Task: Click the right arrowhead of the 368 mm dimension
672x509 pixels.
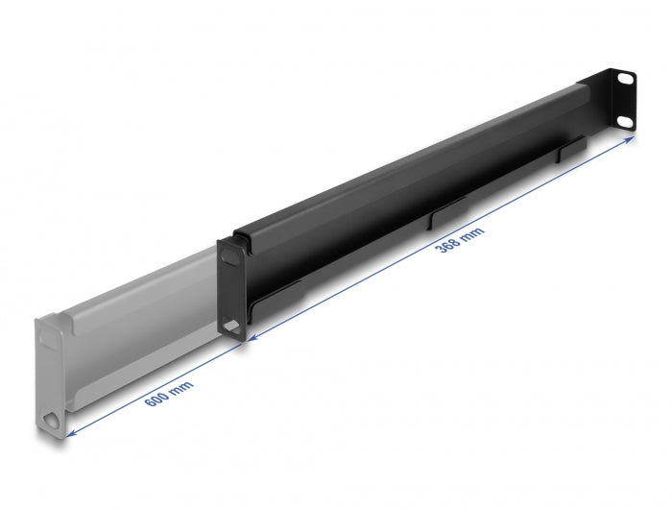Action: coord(631,139)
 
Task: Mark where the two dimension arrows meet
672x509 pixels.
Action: coord(245,339)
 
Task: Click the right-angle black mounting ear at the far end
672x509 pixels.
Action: coord(619,99)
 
